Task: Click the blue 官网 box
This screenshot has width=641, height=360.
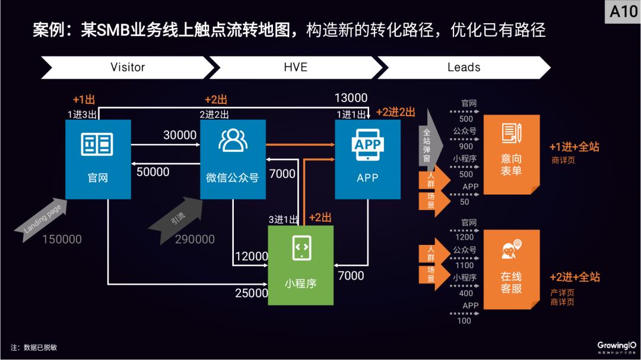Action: (x=98, y=159)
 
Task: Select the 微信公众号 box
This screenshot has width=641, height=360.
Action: (x=233, y=159)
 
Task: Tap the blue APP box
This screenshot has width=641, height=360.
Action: (x=367, y=159)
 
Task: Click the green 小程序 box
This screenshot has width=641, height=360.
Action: (x=300, y=265)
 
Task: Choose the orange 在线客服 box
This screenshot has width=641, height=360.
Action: (x=510, y=269)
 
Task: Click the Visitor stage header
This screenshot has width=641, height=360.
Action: (x=127, y=67)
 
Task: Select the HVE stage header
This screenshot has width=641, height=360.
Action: (x=295, y=67)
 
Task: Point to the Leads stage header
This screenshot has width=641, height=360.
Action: (x=464, y=67)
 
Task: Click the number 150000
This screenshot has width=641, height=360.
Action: (x=62, y=240)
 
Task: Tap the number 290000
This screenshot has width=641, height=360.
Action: (x=195, y=240)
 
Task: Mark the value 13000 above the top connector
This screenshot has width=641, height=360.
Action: (x=351, y=98)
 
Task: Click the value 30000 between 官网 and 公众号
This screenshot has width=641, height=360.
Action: (x=180, y=135)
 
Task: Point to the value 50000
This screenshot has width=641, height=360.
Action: (x=153, y=172)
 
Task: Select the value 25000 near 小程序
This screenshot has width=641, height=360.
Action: (x=252, y=293)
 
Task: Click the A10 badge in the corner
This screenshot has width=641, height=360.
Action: (x=623, y=11)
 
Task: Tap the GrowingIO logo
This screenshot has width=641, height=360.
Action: (x=617, y=346)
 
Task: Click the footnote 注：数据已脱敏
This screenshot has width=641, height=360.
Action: (x=34, y=348)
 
